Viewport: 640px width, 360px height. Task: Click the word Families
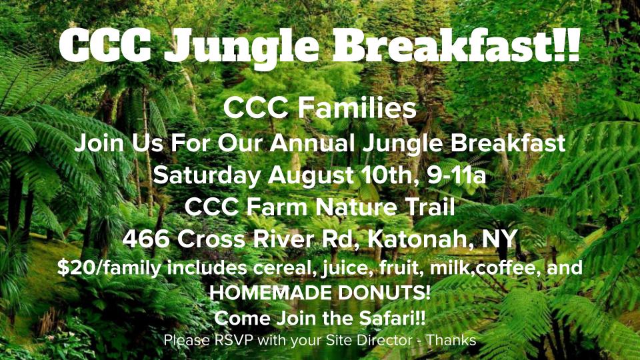pyautogui.click(x=357, y=108)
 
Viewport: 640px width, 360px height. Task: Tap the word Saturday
pyautogui.click(x=207, y=175)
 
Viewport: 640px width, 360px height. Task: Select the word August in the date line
pyautogui.click(x=311, y=175)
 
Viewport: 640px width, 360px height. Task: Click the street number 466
pyautogui.click(x=146, y=239)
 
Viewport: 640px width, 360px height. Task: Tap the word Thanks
pyautogui.click(x=451, y=339)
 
